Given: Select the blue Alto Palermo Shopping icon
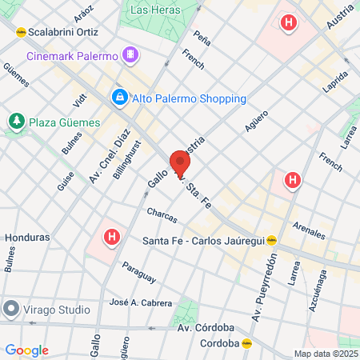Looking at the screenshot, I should tap(119, 98).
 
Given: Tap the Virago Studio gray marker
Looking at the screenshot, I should tap(11, 308).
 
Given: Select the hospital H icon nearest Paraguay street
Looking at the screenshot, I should tap(113, 237).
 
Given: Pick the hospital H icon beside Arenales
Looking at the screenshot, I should tap(293, 181).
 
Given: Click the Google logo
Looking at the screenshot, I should tap(26, 350).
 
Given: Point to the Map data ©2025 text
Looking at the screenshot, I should tap(324, 354).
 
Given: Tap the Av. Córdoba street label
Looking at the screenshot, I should tap(205, 327).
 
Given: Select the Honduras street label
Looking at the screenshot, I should tap(27, 238).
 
